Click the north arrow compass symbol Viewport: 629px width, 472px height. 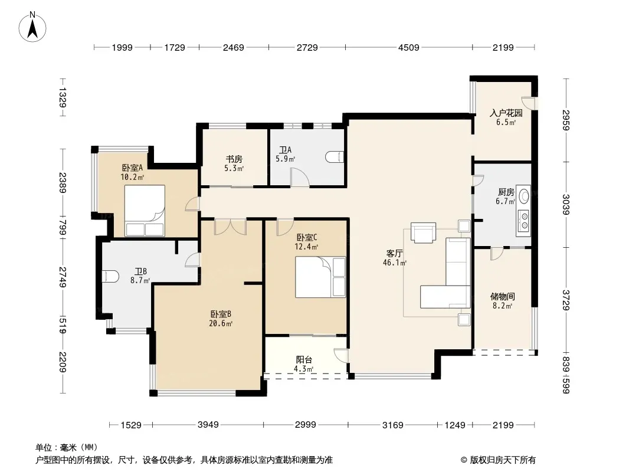(32, 27)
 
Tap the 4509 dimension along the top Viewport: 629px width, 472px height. (408, 47)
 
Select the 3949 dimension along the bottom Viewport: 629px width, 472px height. (208, 424)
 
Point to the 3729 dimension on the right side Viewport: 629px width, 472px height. (566, 300)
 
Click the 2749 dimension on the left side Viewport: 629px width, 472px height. (63, 277)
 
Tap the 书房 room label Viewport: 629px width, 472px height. (234, 159)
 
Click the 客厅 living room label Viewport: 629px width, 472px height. (394, 254)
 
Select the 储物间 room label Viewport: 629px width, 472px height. (502, 296)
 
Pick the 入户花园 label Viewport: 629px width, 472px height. (506, 113)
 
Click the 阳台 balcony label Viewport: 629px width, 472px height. (304, 360)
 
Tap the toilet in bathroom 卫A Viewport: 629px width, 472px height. (335, 157)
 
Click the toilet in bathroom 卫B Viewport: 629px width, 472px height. (110, 276)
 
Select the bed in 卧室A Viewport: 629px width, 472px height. (145, 211)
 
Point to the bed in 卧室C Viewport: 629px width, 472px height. (320, 277)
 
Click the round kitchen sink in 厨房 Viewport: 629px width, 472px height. (523, 196)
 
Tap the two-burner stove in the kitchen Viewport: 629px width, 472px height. (523, 221)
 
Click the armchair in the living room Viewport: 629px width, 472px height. (423, 233)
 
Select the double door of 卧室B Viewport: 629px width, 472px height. (230, 227)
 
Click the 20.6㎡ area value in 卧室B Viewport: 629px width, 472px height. (221, 324)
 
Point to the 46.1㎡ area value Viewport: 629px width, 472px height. (395, 263)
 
